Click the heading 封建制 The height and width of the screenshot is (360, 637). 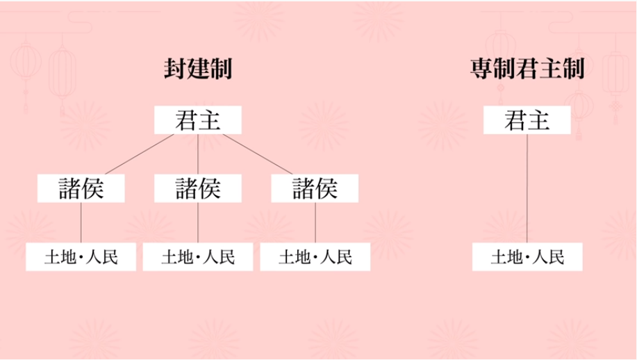(x=198, y=69)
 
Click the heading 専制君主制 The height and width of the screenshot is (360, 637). (x=527, y=69)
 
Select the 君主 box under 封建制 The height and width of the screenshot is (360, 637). (x=198, y=120)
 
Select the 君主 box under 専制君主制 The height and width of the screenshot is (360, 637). (x=527, y=120)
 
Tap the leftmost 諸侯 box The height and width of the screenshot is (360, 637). (x=81, y=188)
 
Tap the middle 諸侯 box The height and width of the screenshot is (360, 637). (x=198, y=188)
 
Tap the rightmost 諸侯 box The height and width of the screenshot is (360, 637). (x=315, y=188)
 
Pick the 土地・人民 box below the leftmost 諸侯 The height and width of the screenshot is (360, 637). (x=81, y=256)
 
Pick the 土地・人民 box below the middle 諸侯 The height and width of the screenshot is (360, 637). (x=198, y=256)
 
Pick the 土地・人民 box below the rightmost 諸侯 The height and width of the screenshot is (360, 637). (x=315, y=256)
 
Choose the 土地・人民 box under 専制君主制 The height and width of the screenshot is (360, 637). (x=527, y=256)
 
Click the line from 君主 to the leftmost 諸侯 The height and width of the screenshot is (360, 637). (x=140, y=154)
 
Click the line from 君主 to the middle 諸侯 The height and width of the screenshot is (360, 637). (x=198, y=154)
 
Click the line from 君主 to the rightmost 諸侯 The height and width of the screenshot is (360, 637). (x=258, y=154)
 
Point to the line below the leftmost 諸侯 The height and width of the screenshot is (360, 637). (x=81, y=222)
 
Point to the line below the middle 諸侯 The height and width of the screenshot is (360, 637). (x=198, y=222)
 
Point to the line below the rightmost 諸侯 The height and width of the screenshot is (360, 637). (x=315, y=222)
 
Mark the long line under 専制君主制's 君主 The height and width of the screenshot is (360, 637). (x=527, y=188)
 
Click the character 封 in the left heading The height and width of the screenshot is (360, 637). (x=175, y=69)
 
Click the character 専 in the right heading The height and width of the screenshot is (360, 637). (x=481, y=69)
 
